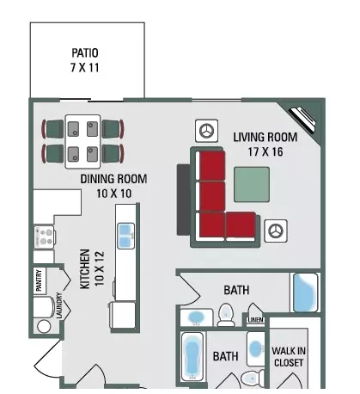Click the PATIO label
pyautogui.click(x=85, y=52)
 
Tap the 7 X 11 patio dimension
pyautogui.click(x=85, y=68)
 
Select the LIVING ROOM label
pyautogui.click(x=265, y=137)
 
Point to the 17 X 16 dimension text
pyautogui.click(x=265, y=151)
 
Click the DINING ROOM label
pyautogui.click(x=113, y=179)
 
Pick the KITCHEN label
pyautogui.click(x=85, y=269)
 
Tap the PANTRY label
pyautogui.click(x=39, y=280)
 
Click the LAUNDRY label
pyautogui.click(x=59, y=305)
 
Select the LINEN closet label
pyautogui.click(x=255, y=320)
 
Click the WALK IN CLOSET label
pyautogui.click(x=289, y=357)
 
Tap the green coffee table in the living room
pyautogui.click(x=252, y=185)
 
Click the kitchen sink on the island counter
pyautogui.click(x=125, y=236)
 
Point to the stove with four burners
pyautogui.click(x=45, y=237)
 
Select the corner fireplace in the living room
pyautogui.click(x=302, y=120)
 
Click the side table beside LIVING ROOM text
pyautogui.click(x=206, y=131)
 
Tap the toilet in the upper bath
pyautogui.click(x=226, y=315)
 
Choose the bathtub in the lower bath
pyautogui.click(x=192, y=356)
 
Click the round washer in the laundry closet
pyautogui.click(x=44, y=326)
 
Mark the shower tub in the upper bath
pyautogui.click(x=305, y=292)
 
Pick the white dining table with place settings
pyautogui.click(x=82, y=141)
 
